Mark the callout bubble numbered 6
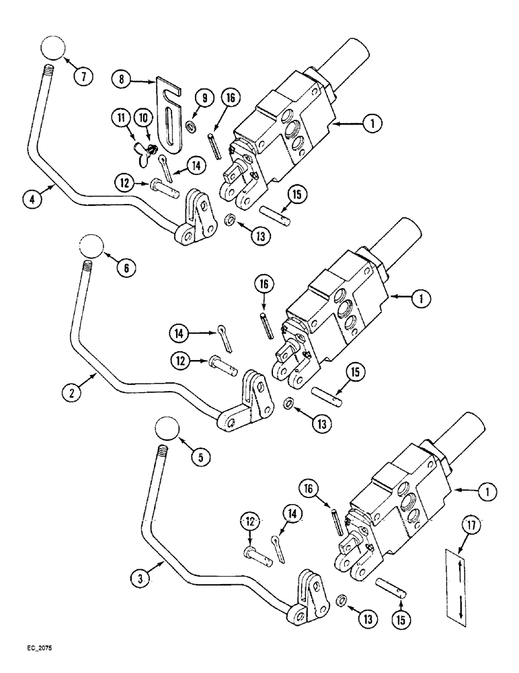(125, 267)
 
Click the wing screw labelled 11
(148, 143)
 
